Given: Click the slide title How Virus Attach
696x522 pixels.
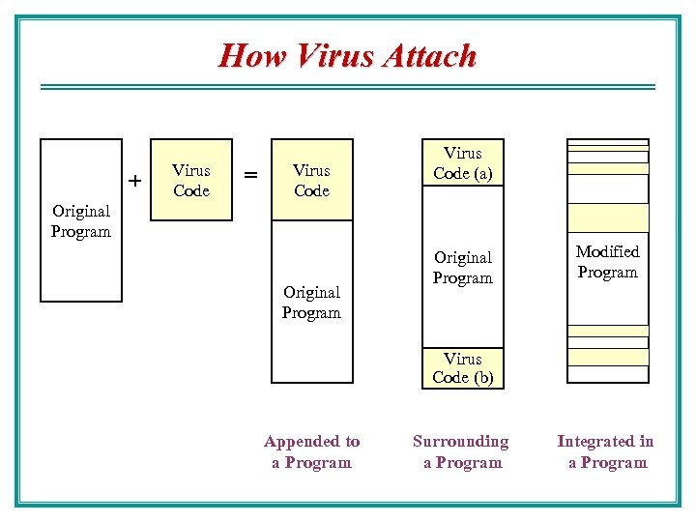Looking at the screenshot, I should (x=347, y=55).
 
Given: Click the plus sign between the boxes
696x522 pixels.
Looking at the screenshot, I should (x=135, y=181).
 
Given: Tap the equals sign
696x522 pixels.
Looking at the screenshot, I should (x=250, y=175).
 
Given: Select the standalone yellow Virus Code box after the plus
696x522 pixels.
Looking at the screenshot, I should (x=191, y=180).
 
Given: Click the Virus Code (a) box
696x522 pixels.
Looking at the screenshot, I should (x=463, y=162).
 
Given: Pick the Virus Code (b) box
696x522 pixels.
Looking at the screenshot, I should (x=463, y=367).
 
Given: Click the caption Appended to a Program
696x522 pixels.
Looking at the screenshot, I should (x=311, y=451).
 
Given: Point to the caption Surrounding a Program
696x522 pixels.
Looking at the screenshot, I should (x=461, y=451).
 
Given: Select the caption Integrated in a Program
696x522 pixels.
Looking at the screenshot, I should (x=606, y=451).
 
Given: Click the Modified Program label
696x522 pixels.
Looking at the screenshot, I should (x=607, y=262).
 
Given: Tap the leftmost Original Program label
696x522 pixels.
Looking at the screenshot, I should (x=81, y=220).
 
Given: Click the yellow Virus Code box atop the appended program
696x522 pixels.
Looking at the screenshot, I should (x=311, y=180).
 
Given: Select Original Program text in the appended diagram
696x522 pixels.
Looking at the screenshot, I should (x=311, y=302).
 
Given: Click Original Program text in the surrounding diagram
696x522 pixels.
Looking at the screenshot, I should (x=463, y=268).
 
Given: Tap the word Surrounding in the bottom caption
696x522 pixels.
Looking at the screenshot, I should (x=461, y=441).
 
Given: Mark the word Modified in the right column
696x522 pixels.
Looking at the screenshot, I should (x=607, y=251).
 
